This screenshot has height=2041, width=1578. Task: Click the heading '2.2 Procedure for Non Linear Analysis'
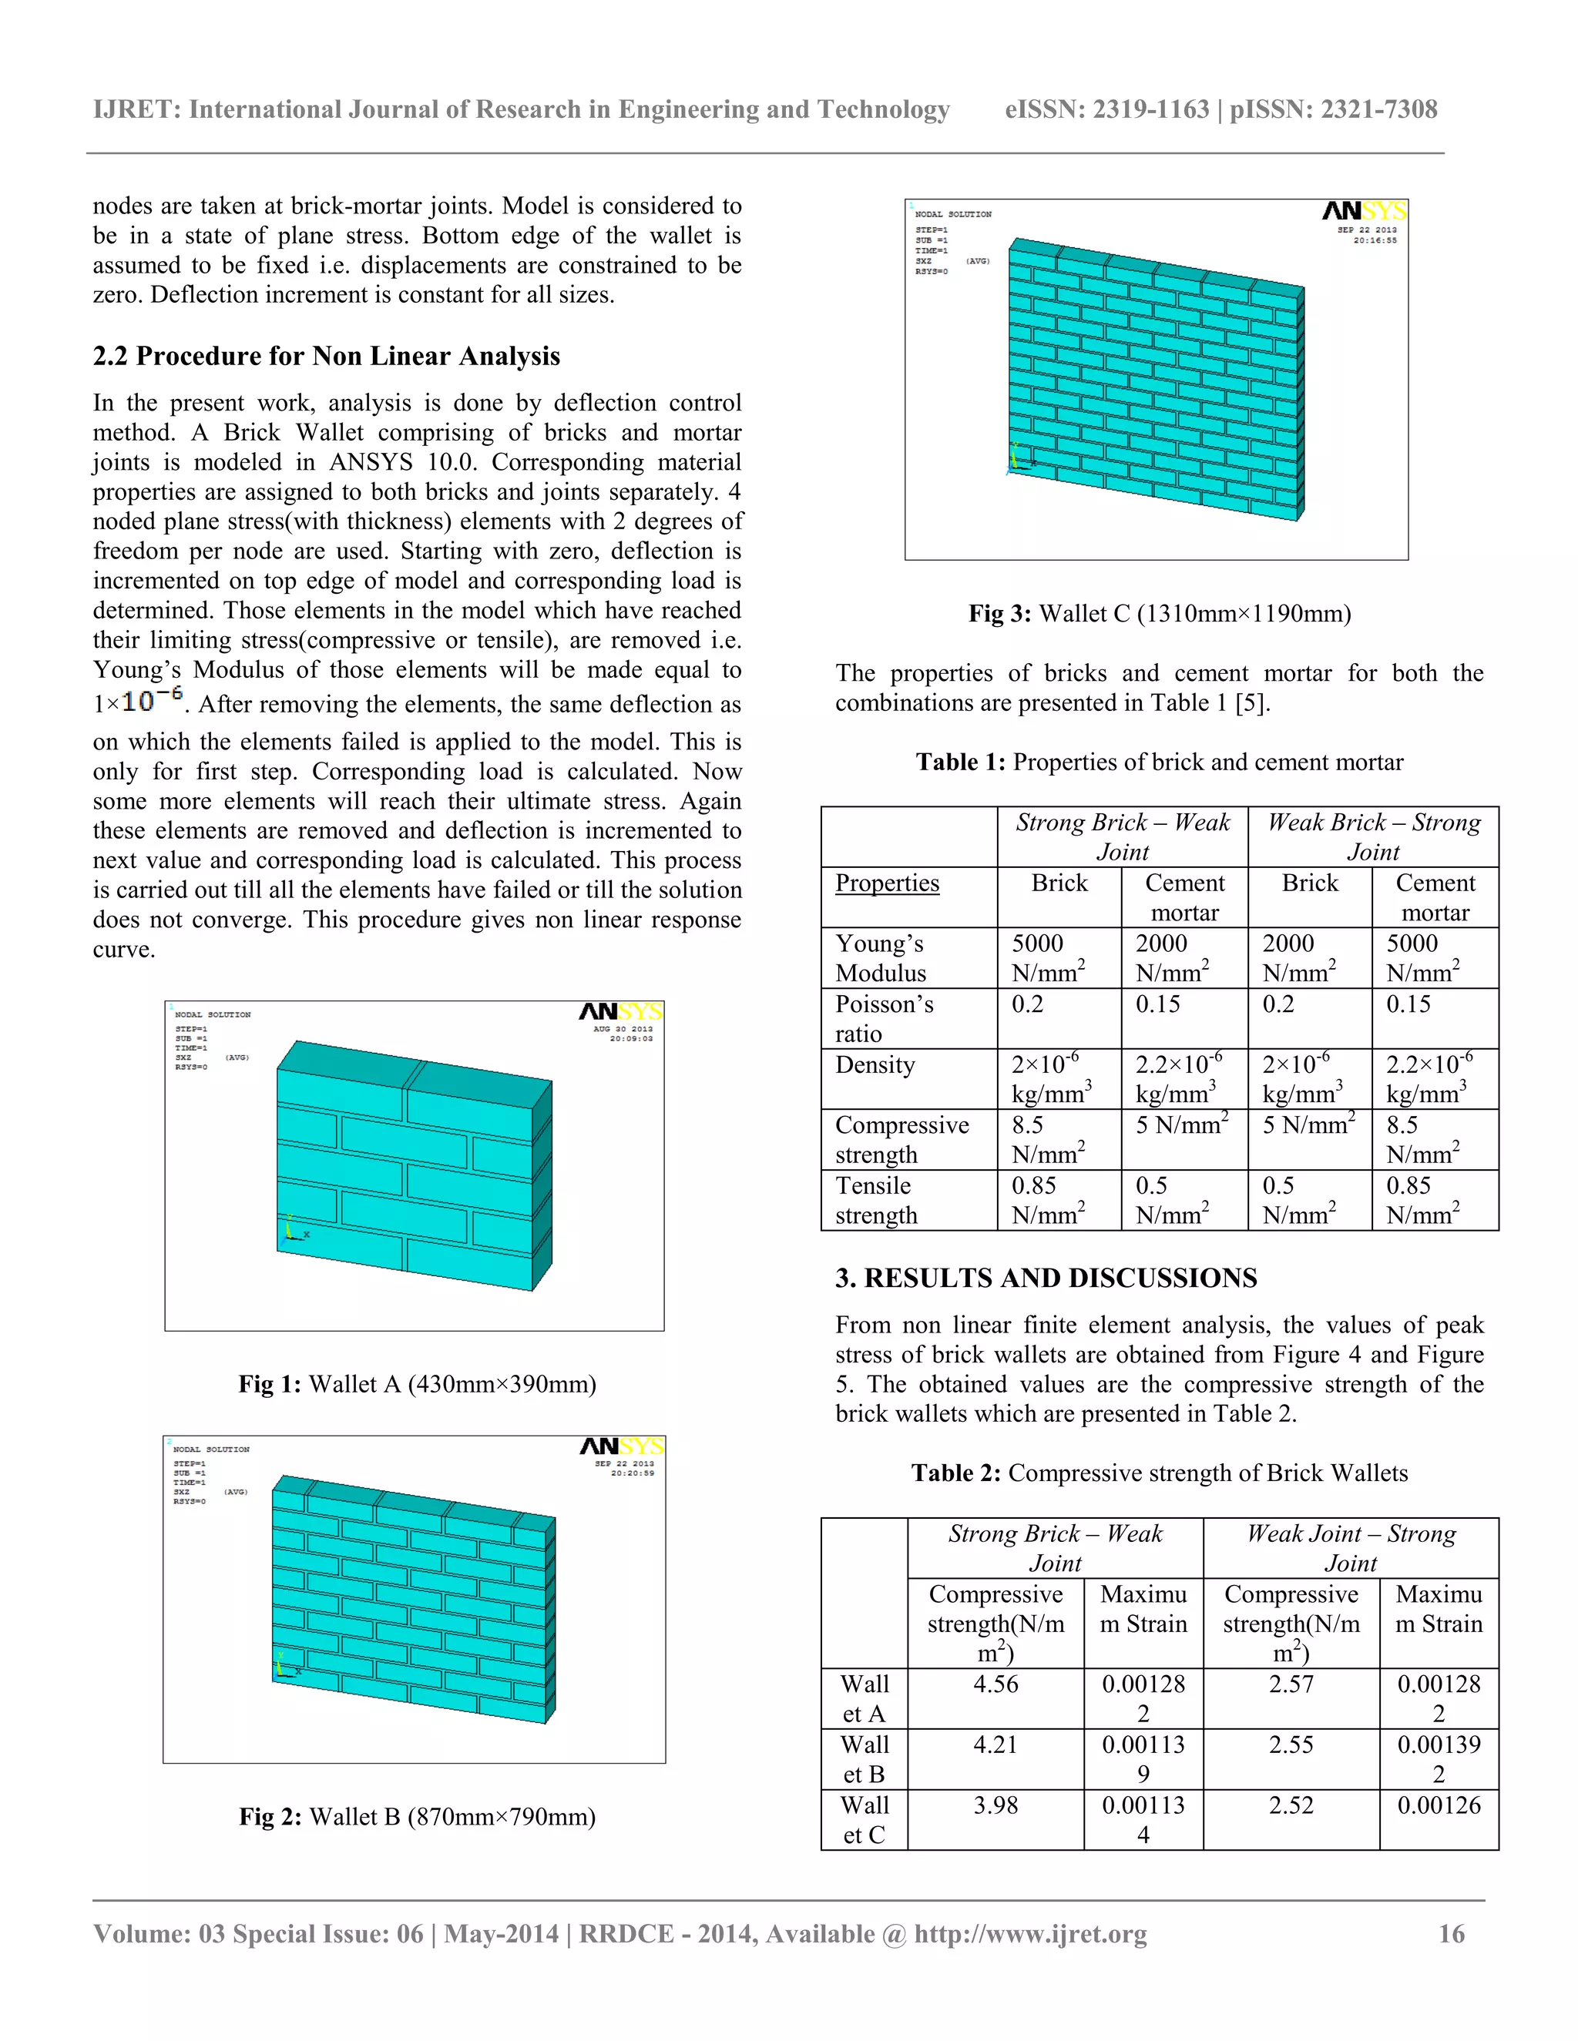[326, 356]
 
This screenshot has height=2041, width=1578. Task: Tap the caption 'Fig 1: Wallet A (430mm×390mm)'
[417, 1383]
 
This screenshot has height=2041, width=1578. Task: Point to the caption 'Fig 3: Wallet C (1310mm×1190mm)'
[1159, 613]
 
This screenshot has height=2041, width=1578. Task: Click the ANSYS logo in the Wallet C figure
[1364, 212]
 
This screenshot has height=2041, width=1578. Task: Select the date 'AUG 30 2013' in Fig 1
[623, 1029]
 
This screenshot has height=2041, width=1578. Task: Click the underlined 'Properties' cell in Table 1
[886, 883]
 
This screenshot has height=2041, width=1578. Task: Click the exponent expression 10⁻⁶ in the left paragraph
[153, 700]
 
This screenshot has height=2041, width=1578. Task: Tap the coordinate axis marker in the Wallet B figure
[284, 1664]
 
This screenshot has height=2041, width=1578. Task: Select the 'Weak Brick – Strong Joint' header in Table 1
[1372, 836]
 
